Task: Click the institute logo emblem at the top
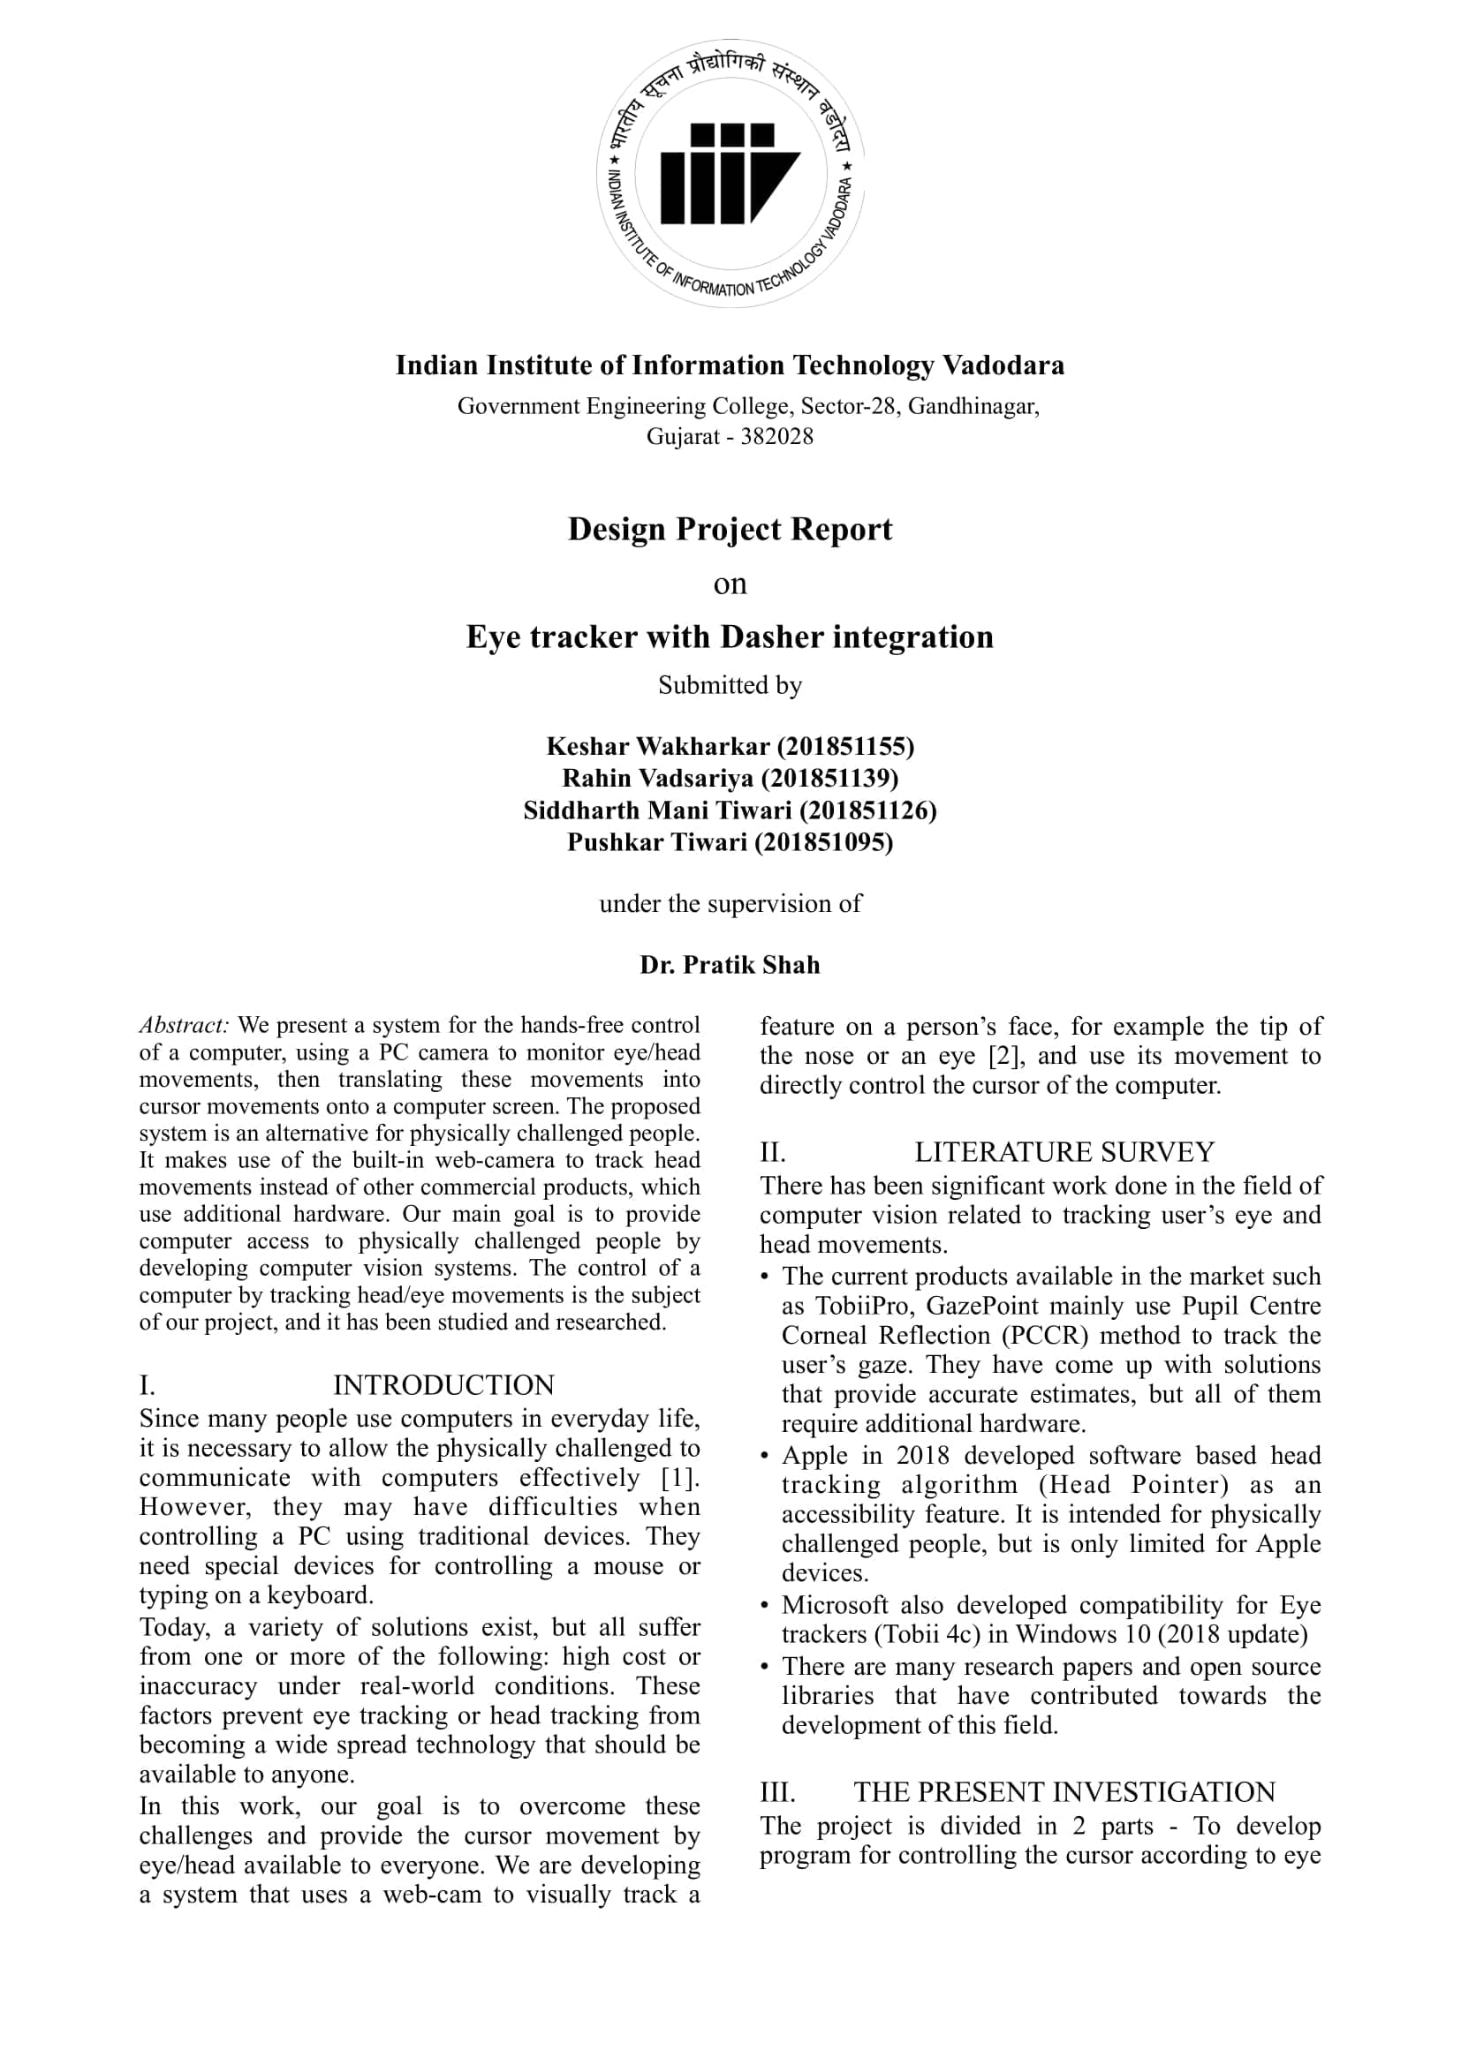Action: pyautogui.click(x=730, y=174)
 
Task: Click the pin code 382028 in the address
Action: pyautogui.click(x=776, y=436)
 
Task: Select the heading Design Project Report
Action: pyautogui.click(x=730, y=529)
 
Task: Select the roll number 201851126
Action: pyautogui.click(x=867, y=810)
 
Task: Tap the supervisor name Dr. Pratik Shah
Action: pyautogui.click(x=730, y=965)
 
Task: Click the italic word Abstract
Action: pyautogui.click(x=185, y=1025)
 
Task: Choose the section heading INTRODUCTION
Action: pyautogui.click(x=443, y=1384)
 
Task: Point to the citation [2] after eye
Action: pyautogui.click(x=1005, y=1056)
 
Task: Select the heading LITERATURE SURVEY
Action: pyautogui.click(x=1064, y=1152)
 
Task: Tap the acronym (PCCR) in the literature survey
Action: pyautogui.click(x=1046, y=1336)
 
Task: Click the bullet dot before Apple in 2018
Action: pyautogui.click(x=765, y=1456)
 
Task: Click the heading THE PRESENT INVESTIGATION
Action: pyautogui.click(x=1064, y=1791)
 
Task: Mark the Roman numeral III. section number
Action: pyautogui.click(x=778, y=1791)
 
